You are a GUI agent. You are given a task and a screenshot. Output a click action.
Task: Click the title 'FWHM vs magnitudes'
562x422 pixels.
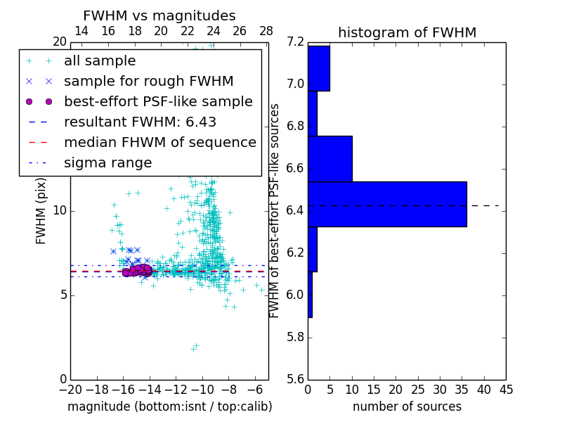[x=159, y=16]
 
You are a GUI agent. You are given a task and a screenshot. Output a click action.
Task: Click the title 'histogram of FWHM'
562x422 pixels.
[x=407, y=32]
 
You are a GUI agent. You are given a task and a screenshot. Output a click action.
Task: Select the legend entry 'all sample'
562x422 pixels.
[x=100, y=61]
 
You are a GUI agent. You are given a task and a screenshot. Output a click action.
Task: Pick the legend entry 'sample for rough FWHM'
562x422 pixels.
[x=148, y=82]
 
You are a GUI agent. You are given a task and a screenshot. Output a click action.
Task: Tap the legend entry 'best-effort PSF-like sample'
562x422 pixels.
[x=158, y=102]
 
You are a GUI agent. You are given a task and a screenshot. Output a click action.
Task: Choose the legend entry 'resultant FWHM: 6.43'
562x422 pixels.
[x=140, y=122]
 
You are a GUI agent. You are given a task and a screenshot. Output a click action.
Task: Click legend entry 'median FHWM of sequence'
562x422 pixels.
[x=159, y=143]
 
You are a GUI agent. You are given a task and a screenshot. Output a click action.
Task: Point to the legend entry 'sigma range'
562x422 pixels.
[x=107, y=163]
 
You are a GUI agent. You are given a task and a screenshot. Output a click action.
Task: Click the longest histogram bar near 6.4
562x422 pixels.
[x=387, y=204]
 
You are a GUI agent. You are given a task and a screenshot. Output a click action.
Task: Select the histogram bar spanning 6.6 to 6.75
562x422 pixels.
[x=330, y=158]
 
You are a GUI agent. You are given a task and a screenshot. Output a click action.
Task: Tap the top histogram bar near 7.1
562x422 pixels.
[x=319, y=68]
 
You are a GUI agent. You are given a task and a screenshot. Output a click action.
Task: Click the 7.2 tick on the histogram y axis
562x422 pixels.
[x=295, y=42]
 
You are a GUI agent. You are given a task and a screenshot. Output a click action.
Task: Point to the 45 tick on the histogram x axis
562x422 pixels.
[x=506, y=388]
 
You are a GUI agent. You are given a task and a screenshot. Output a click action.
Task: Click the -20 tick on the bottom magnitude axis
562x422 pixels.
[x=70, y=388]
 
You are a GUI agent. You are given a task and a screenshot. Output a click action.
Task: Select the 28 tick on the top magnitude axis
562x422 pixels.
[x=266, y=32]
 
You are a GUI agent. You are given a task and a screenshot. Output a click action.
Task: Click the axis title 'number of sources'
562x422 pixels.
[x=407, y=407]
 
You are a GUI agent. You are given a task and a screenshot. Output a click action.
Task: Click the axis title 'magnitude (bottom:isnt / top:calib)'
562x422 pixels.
[x=169, y=407]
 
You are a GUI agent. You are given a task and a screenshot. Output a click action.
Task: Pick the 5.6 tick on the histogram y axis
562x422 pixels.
[x=295, y=379]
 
